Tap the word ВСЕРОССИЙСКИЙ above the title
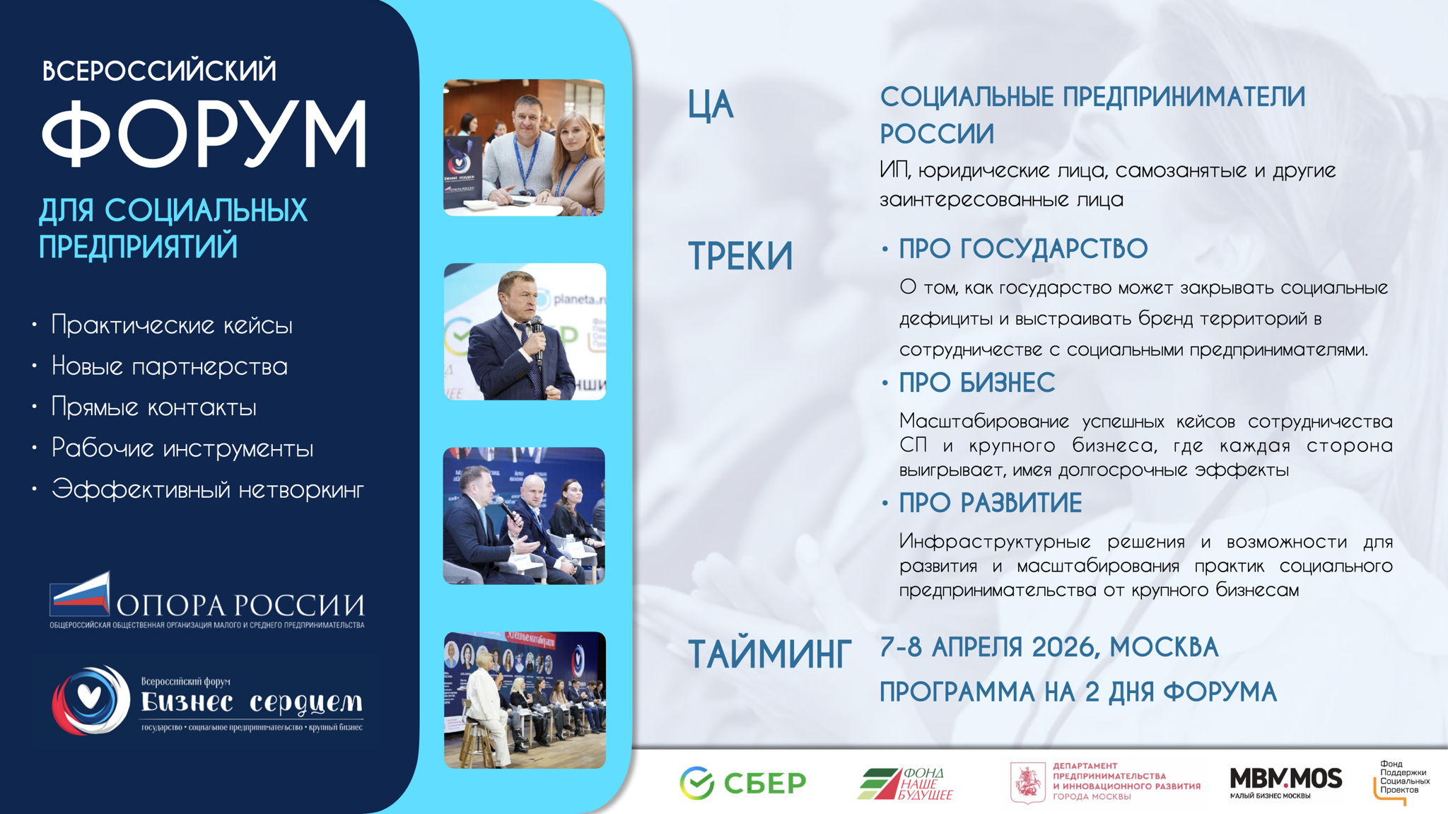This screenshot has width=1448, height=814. click(x=160, y=69)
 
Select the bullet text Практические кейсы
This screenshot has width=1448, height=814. click(x=172, y=325)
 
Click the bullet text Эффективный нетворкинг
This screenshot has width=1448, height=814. click(x=208, y=489)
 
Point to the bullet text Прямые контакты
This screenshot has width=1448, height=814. click(x=154, y=407)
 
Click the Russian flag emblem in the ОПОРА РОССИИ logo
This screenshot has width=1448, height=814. click(x=80, y=593)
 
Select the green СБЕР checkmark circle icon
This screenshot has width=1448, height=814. click(x=697, y=783)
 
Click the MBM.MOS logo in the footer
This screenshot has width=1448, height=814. click(x=1285, y=782)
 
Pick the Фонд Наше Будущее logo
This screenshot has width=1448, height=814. click(x=905, y=784)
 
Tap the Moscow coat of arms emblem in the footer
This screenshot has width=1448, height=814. click(x=1027, y=783)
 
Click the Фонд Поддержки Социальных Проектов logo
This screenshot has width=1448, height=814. click(x=1401, y=782)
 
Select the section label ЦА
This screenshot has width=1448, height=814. click(x=711, y=105)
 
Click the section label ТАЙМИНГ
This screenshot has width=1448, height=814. click(x=770, y=653)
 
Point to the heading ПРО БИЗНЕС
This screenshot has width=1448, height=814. click(x=977, y=383)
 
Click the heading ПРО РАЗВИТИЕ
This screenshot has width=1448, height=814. click(x=991, y=503)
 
